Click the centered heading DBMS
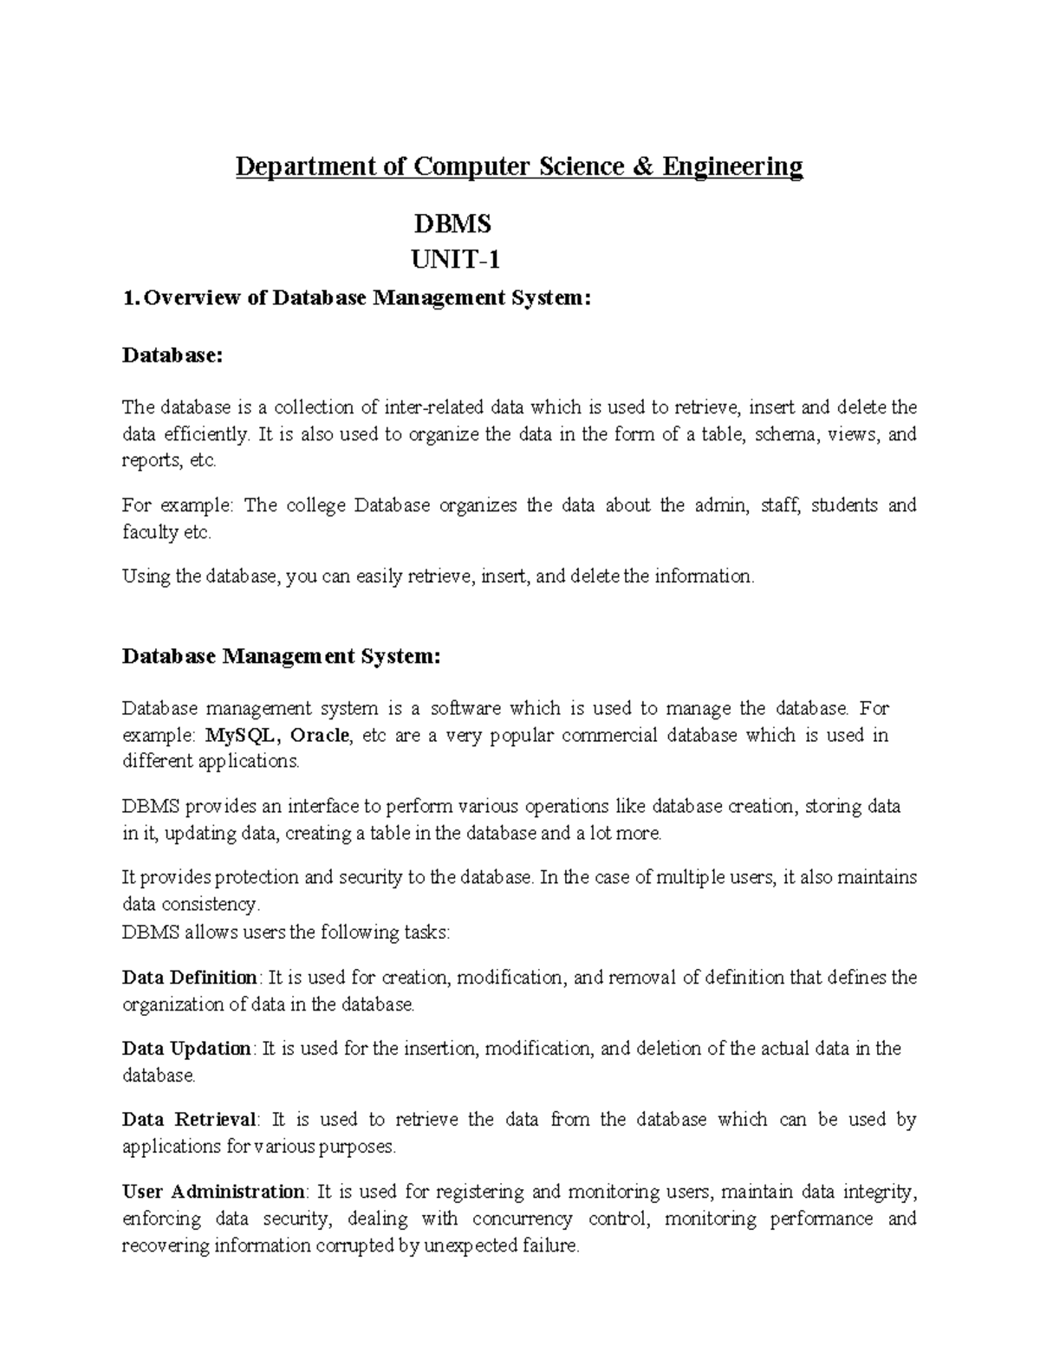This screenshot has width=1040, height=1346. (452, 224)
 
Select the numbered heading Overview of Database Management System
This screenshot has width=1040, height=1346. (356, 298)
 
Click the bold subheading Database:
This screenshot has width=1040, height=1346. (172, 354)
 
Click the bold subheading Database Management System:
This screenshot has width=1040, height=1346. (282, 656)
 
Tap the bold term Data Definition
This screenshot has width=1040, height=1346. (190, 978)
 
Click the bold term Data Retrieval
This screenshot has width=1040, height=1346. (190, 1120)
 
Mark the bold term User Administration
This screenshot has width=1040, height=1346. (213, 1192)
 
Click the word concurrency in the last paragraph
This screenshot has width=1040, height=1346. (522, 1219)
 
